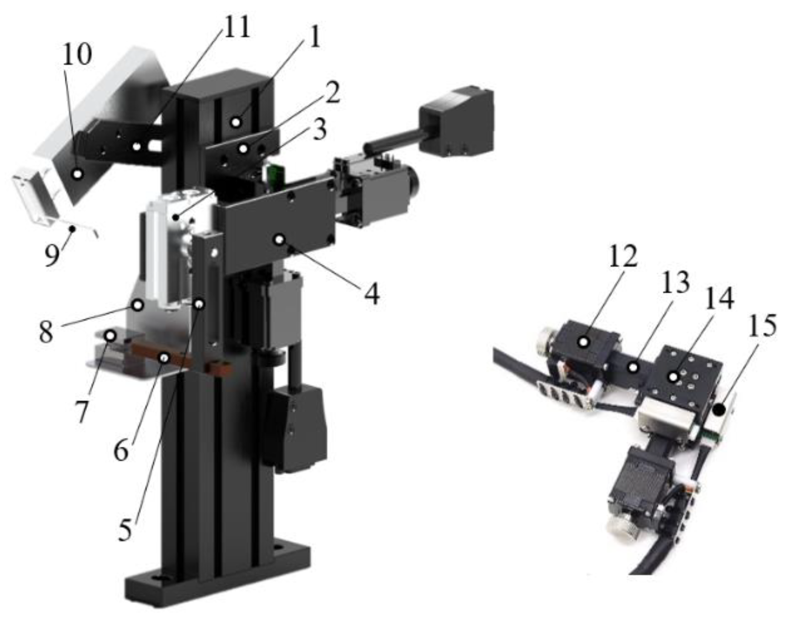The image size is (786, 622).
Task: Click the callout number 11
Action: (236, 27)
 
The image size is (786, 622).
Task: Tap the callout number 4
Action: (371, 293)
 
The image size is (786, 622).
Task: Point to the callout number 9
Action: (52, 255)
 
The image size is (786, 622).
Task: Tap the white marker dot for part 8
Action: (138, 305)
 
